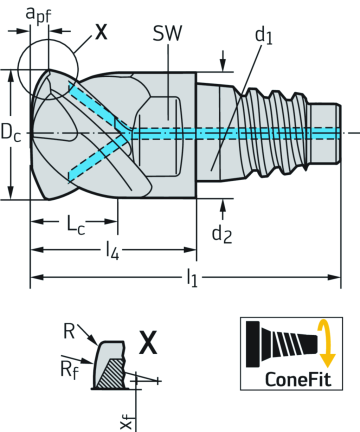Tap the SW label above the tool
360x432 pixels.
pos(168,33)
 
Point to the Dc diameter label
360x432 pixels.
pos(12,131)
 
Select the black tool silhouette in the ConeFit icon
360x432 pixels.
pos(282,342)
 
